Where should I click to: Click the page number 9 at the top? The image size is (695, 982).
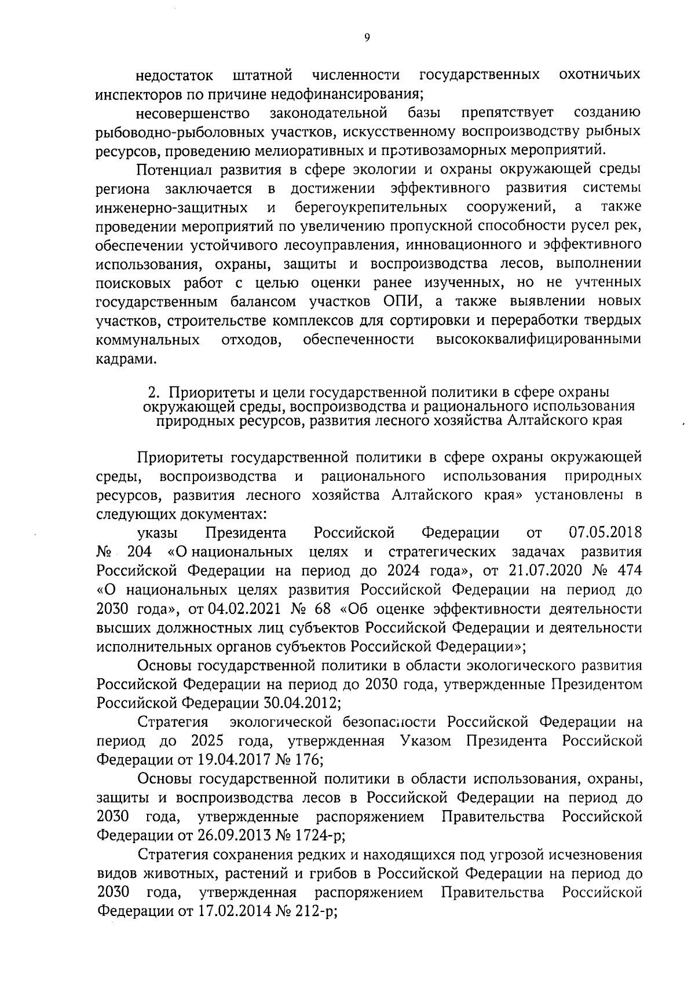367,38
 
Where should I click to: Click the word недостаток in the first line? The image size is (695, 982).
174,76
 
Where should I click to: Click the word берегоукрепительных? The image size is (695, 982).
371,207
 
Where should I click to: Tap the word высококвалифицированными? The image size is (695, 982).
539,339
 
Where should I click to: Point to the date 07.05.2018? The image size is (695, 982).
605,532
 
